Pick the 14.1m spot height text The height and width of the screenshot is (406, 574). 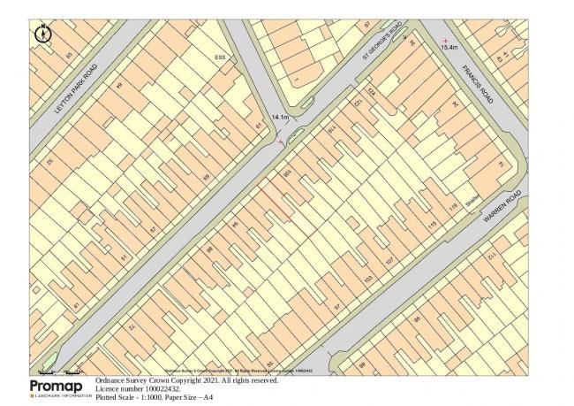pos(281,117)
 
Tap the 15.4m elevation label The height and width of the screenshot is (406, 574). pos(450,47)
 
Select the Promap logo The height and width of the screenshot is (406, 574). pos(61,388)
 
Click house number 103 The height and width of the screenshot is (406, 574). pos(368,280)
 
